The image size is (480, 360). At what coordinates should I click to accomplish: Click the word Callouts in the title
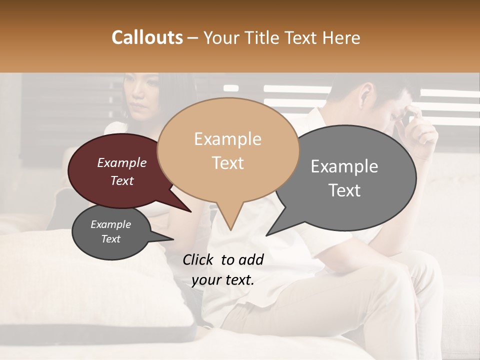tap(147, 37)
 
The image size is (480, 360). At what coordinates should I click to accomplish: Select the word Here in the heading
tap(341, 37)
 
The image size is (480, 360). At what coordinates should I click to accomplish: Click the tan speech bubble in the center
tap(228, 150)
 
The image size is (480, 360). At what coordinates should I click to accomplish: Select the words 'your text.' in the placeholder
tap(223, 280)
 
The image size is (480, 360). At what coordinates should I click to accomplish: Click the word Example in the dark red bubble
tap(121, 163)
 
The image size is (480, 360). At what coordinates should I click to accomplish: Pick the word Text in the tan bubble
tap(228, 163)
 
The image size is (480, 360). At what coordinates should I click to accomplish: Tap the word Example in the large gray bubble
tap(344, 166)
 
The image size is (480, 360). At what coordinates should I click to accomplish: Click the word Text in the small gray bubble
tap(111, 239)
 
